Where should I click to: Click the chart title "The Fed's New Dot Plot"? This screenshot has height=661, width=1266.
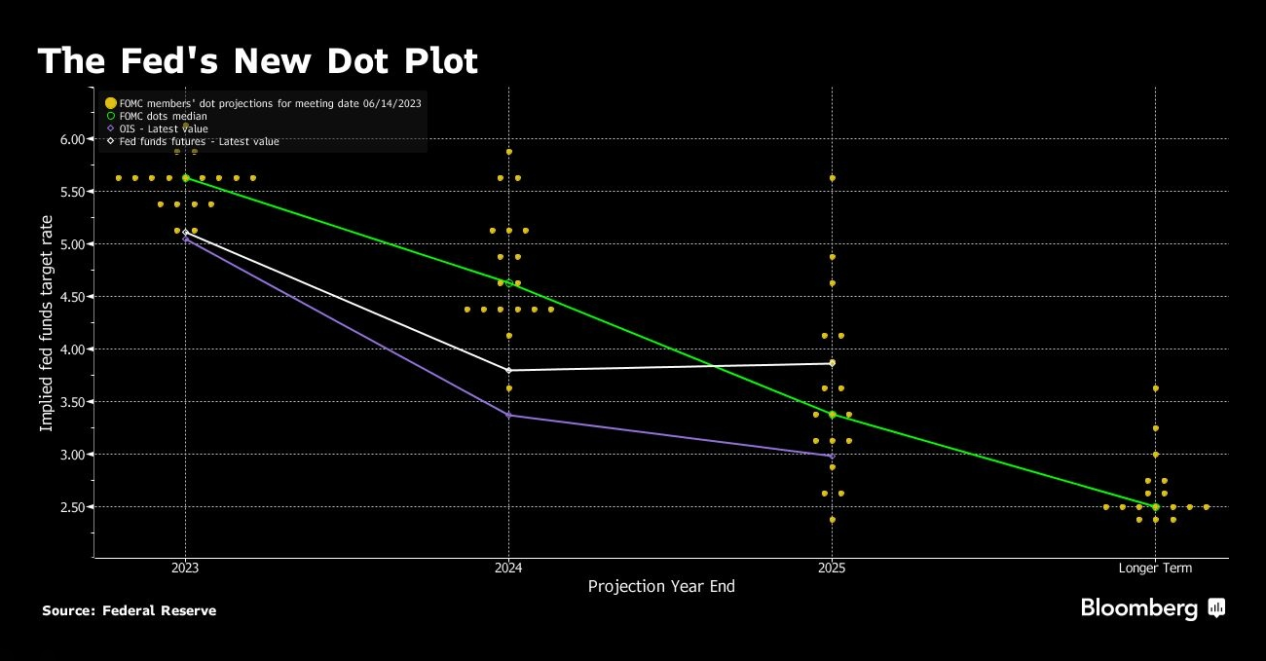[x=258, y=62]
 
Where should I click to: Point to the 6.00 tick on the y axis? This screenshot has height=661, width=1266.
[x=73, y=139]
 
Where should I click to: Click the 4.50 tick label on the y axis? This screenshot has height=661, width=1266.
[x=73, y=297]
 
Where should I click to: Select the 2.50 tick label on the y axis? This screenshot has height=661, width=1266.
[x=73, y=507]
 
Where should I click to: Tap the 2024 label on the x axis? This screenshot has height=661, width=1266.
[x=508, y=568]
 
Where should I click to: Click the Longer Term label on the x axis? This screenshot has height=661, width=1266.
[x=1155, y=568]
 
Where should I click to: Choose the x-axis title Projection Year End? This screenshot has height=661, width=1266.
[x=661, y=586]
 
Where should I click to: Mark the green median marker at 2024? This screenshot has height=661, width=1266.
[x=508, y=283]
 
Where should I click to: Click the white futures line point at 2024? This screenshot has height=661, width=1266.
[x=508, y=370]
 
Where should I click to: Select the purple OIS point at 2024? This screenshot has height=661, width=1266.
[x=508, y=416]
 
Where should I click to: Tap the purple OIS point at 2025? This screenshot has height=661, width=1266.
[x=832, y=456]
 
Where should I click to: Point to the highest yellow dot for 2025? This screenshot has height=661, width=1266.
[x=832, y=178]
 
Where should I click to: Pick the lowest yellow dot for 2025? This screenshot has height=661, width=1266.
[x=832, y=520]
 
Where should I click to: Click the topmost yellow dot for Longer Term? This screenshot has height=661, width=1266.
[x=1155, y=388]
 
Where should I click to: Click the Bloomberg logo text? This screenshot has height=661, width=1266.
[x=1139, y=608]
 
